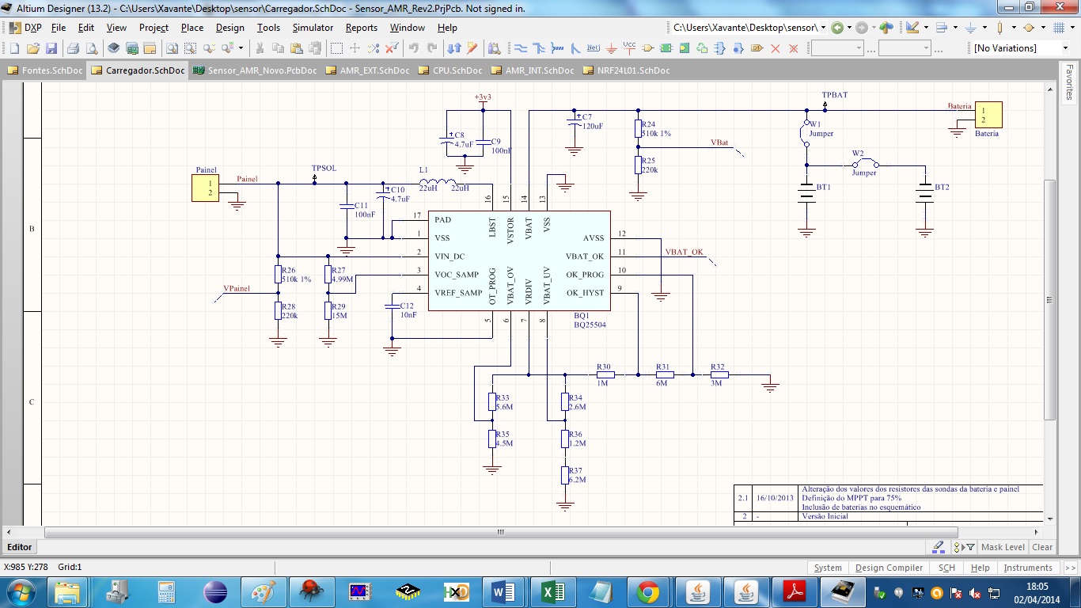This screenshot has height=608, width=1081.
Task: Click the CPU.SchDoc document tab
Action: point(450,70)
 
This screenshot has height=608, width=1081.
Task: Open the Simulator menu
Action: point(313,28)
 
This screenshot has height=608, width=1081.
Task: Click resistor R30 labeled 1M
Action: point(605,374)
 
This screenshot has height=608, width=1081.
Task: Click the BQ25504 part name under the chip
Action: point(590,325)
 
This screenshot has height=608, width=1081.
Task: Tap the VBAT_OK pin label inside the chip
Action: point(584,256)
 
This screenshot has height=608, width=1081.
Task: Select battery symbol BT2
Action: point(924,193)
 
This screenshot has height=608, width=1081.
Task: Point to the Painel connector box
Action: point(205,188)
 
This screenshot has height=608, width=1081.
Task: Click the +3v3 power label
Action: point(483,97)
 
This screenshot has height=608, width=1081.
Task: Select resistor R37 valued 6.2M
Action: point(564,475)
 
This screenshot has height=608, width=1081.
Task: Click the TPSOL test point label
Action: point(324,169)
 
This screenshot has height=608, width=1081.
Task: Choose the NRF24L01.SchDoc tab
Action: point(632,70)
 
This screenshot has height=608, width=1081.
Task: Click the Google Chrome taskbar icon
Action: point(648,591)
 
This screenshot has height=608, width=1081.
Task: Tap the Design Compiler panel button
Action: point(889,568)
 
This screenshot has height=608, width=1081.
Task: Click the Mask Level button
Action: point(1002,547)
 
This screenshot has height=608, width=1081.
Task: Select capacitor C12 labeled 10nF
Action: point(392,305)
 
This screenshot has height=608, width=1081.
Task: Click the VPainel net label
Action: point(236,289)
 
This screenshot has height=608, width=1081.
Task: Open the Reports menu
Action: point(361,28)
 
